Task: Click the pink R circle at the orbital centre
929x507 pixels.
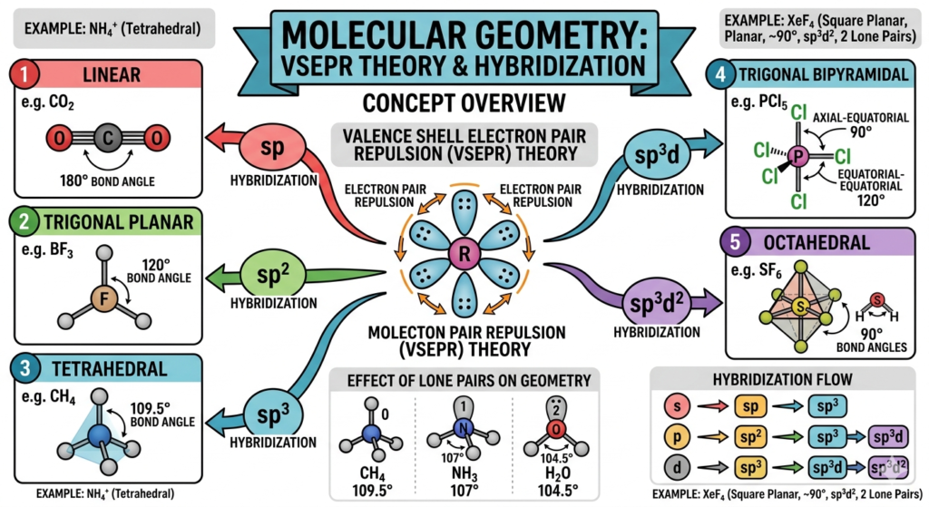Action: coord(464,255)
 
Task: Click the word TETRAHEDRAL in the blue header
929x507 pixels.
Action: coord(113,369)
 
